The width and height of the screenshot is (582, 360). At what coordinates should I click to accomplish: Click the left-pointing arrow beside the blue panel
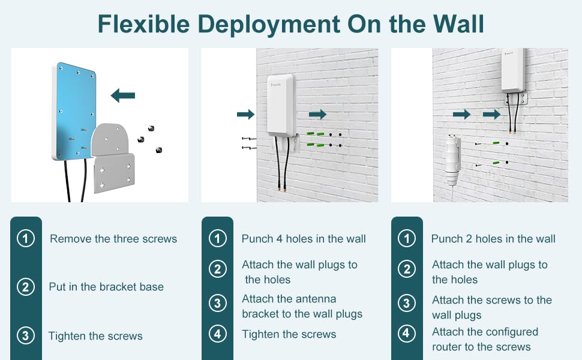(123, 95)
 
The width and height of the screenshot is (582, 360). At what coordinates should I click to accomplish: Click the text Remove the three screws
(113, 239)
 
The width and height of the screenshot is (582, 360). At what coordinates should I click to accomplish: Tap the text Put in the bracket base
(106, 287)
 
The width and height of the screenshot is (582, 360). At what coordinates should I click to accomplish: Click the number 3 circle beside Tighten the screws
(25, 335)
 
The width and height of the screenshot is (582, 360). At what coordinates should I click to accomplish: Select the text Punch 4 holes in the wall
(304, 239)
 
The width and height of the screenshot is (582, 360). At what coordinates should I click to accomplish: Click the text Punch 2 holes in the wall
(493, 239)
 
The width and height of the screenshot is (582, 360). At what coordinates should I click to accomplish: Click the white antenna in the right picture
(513, 71)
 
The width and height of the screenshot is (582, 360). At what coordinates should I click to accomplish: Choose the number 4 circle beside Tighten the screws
(217, 334)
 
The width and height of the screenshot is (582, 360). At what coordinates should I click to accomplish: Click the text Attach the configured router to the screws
(485, 339)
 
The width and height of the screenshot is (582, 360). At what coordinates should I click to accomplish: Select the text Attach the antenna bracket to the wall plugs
(302, 306)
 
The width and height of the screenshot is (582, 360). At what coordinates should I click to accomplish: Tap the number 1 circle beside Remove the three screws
(25, 239)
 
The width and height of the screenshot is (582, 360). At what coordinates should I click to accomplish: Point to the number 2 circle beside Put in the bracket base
(25, 287)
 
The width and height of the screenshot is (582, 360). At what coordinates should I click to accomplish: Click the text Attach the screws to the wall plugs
(491, 307)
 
